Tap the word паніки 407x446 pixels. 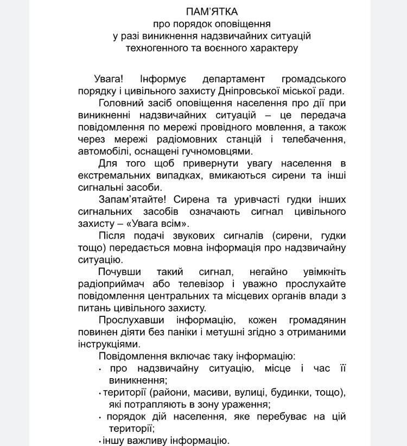click(176, 332)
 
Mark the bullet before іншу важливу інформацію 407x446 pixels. click(100, 441)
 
